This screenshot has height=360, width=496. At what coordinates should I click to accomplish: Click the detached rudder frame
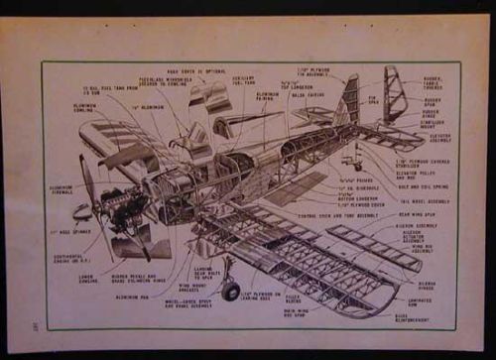tap(395, 93)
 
